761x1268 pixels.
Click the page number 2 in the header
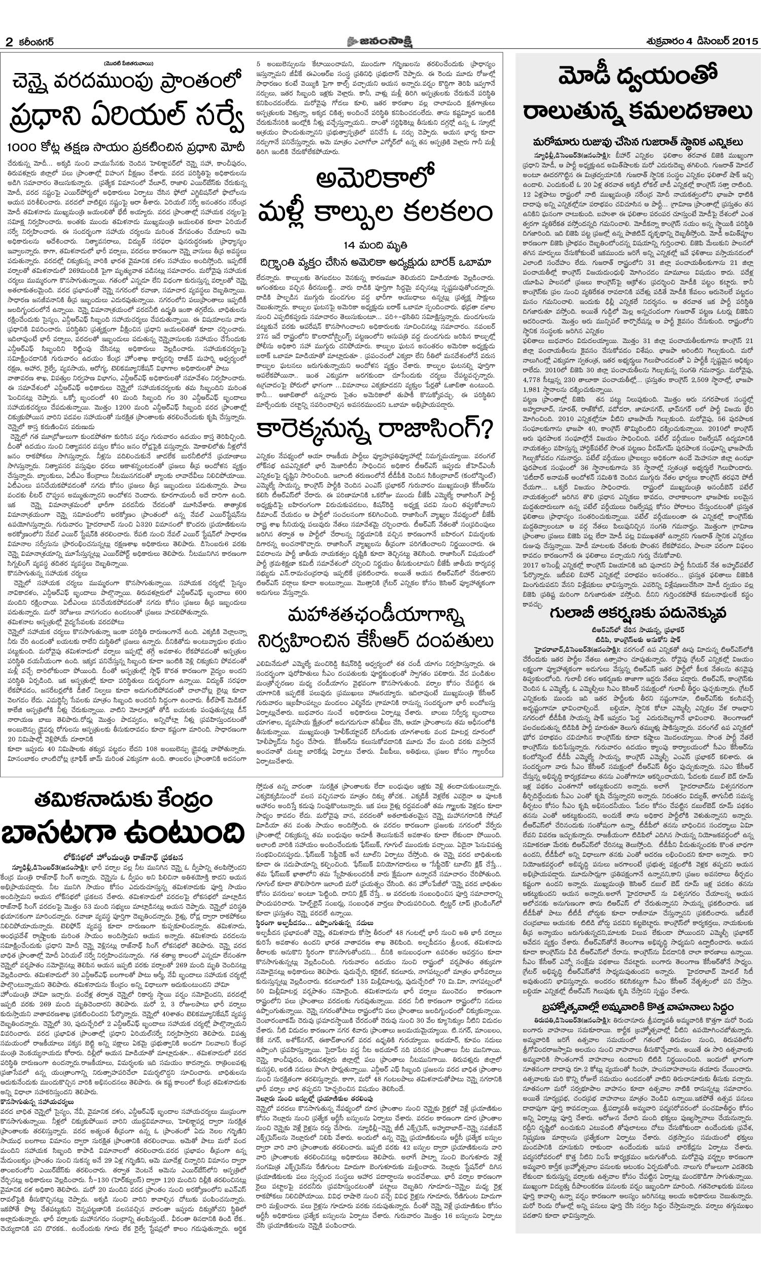[x=9, y=41]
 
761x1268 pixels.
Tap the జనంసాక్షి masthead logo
[x=379, y=40]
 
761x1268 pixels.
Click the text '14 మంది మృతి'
[x=375, y=243]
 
